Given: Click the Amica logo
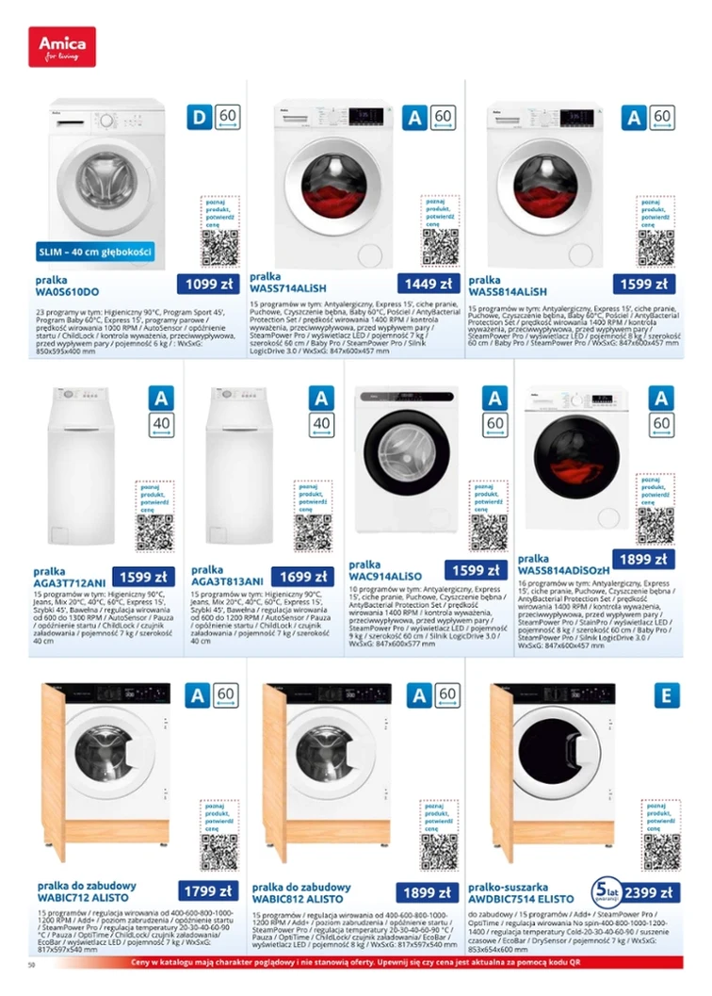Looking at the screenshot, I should pyautogui.click(x=62, y=46).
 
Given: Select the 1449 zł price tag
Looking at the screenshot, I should pyautogui.click(x=428, y=284).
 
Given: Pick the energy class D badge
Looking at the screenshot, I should pyautogui.click(x=199, y=118).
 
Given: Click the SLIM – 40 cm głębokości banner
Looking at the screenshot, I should pyautogui.click(x=95, y=252).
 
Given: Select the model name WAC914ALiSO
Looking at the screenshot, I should pyautogui.click(x=385, y=575).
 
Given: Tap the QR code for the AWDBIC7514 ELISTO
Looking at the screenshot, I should pyautogui.click(x=661, y=851).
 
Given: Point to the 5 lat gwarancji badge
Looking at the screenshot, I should pyautogui.click(x=603, y=890).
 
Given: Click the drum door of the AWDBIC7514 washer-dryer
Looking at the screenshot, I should pyautogui.click(x=557, y=754).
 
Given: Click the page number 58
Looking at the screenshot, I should pyautogui.click(x=32, y=966).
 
